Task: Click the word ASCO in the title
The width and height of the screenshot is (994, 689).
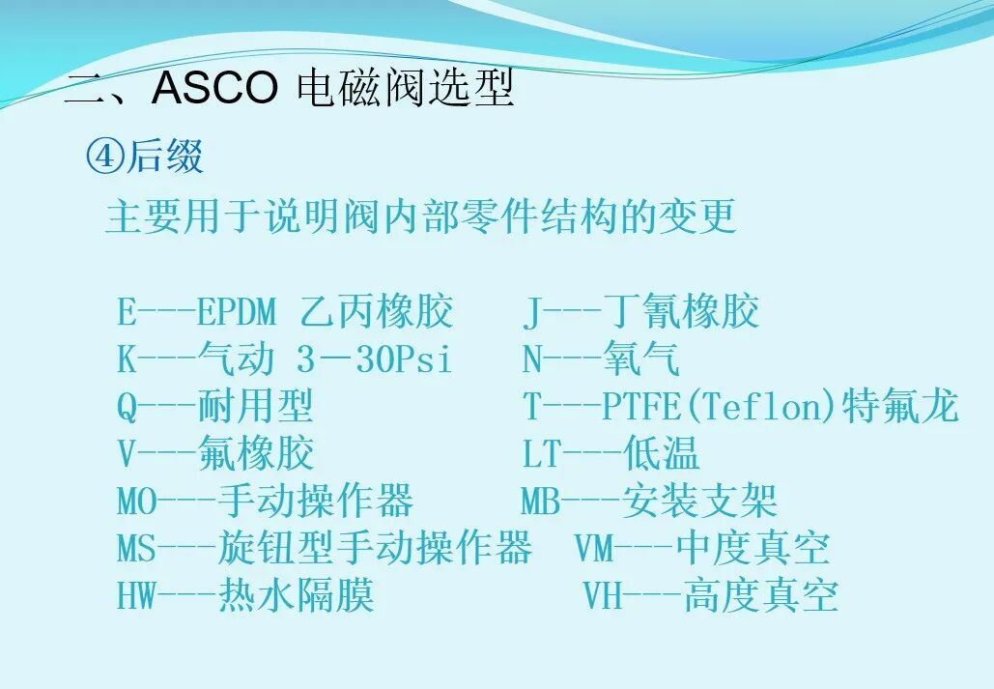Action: tap(214, 89)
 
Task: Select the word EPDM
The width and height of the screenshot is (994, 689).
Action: tap(236, 312)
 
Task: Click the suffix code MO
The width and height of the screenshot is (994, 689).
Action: tap(136, 502)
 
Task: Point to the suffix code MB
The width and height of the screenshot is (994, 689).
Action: tap(540, 502)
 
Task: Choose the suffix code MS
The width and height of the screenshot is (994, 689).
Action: tap(136, 549)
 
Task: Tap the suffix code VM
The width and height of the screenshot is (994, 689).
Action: tap(594, 549)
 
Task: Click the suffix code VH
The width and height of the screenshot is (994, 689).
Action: tap(603, 595)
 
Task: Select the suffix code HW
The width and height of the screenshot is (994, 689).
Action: tap(136, 595)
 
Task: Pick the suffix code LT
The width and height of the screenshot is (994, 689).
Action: tap(542, 454)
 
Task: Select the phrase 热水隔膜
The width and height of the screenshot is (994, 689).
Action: tap(296, 595)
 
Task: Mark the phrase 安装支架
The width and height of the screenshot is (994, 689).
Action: tap(699, 502)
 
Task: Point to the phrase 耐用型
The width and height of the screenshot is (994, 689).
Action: tap(256, 407)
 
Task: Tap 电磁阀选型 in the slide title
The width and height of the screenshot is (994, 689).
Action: tap(405, 89)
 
